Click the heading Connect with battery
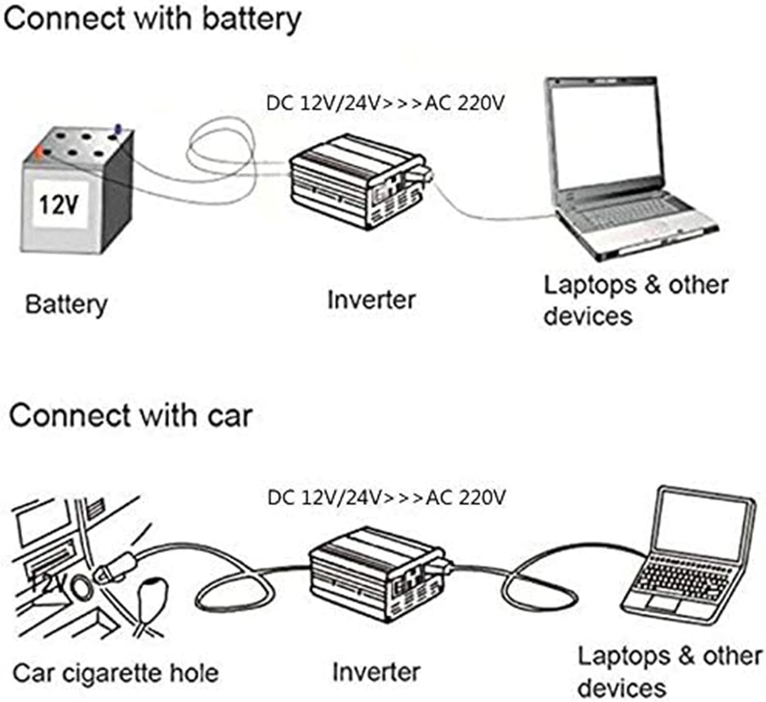152,19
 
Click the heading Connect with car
130,415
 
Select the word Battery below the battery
66,305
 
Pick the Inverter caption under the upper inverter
371,300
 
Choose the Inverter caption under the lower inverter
376,672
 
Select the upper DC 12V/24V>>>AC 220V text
385,104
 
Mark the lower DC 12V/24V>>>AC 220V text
386,497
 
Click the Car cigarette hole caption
116,673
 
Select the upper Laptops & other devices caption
636,300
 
